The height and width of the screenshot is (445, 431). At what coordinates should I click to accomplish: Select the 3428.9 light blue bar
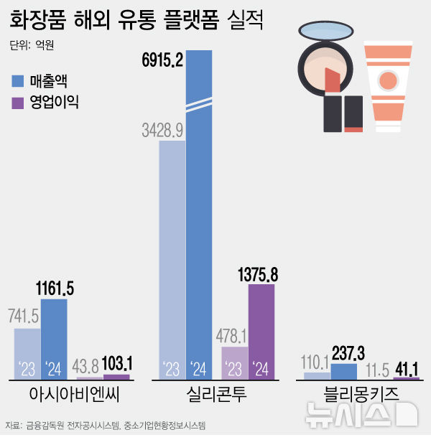[x=172, y=258]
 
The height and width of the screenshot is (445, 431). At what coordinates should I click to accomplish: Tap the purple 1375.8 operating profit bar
[x=261, y=330]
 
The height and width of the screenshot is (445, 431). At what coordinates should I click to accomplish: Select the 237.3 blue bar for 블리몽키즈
[x=343, y=371]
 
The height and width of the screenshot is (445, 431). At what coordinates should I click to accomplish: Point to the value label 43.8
[x=90, y=365]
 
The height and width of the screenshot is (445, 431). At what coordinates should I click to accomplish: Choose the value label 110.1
[x=317, y=361]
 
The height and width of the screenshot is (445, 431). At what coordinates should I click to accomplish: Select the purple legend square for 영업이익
[x=18, y=102]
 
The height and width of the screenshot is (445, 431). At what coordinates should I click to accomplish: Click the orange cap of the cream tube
[x=388, y=118]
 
